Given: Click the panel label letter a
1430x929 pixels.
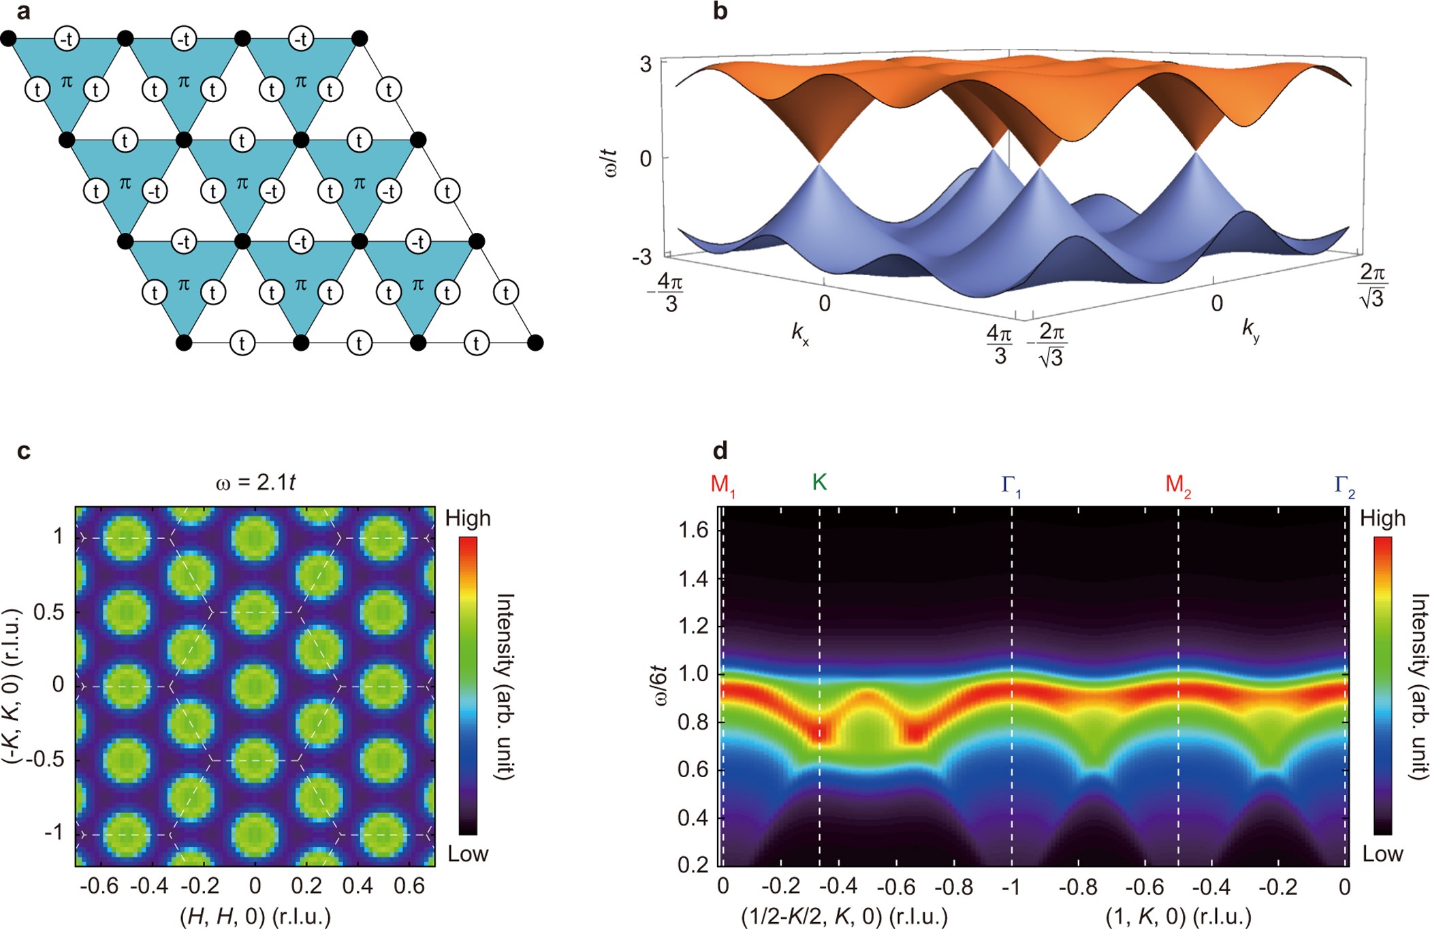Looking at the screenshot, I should [23, 12].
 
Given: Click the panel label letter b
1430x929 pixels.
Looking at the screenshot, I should [720, 12].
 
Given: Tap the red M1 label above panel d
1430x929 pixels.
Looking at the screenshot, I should [722, 484].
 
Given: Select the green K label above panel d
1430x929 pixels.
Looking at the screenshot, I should [819, 482].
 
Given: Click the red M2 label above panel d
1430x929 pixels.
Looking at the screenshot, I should [1178, 484].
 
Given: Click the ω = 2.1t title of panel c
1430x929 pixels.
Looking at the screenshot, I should [255, 483].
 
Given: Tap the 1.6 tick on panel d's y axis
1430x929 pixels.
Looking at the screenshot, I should [693, 530].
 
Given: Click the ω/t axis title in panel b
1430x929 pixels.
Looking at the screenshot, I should [611, 163].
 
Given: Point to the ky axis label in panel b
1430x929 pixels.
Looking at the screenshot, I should [1250, 330].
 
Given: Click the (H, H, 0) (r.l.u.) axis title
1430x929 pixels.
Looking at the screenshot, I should [255, 916].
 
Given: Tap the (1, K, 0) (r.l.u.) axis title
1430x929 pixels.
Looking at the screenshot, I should [1178, 916].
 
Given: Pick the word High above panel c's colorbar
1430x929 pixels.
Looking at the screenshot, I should [468, 519].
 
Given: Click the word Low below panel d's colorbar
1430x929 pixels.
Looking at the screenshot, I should [1382, 854].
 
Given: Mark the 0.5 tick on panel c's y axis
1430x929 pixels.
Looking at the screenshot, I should [49, 612].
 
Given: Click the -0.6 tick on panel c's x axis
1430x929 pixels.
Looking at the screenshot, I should [99, 886].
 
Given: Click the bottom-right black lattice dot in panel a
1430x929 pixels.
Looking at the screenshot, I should [535, 343].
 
